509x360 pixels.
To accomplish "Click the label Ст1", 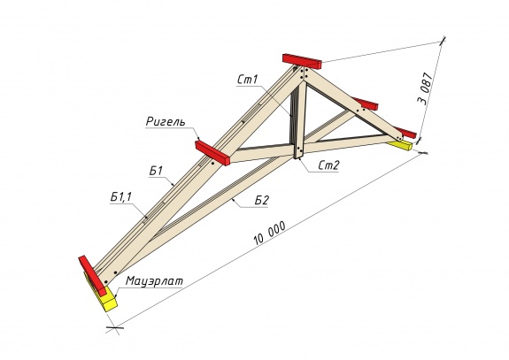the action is (247, 80).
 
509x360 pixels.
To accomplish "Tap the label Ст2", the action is (328, 165).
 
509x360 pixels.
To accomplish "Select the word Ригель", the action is (166, 122).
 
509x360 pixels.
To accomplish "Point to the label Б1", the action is (156, 171).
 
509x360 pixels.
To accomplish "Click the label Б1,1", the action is (120, 197).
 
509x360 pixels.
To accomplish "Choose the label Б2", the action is (262, 201).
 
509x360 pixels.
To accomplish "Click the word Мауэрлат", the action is (154, 280).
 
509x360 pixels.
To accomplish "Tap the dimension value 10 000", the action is (270, 233).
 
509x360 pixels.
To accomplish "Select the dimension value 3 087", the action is (425, 88).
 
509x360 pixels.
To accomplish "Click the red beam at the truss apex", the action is (302, 61).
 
